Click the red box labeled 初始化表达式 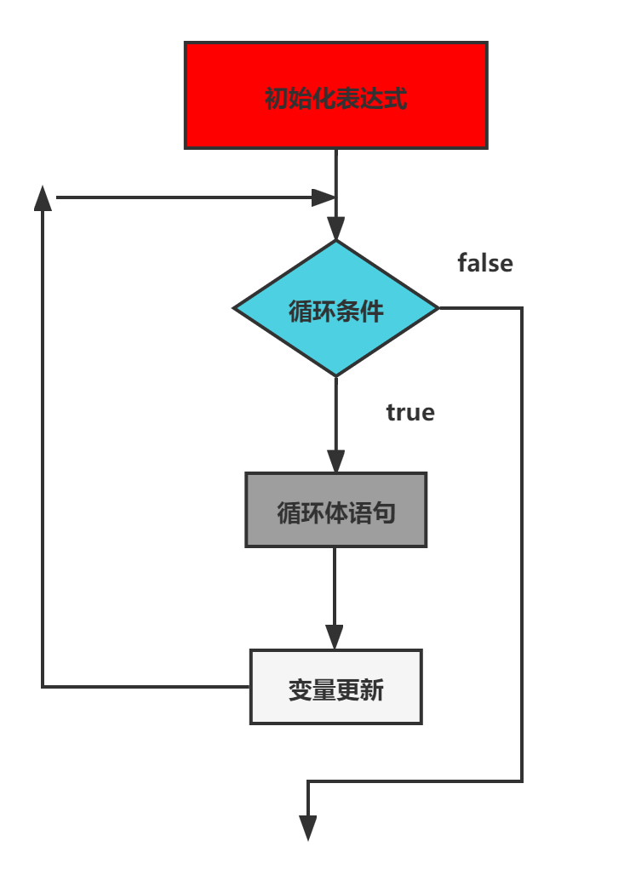point(335,95)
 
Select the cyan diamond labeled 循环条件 point(335,308)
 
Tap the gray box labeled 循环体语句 point(335,510)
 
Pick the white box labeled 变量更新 point(335,687)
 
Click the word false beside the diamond point(485,263)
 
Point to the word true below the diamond point(410,413)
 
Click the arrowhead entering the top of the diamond point(335,228)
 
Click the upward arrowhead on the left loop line point(43,197)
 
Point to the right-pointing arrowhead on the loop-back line point(324,197)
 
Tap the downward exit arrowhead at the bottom point(308,828)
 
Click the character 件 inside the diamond point(372,312)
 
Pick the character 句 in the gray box point(384,512)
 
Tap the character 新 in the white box point(372,689)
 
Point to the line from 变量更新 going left point(145,686)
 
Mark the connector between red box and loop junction point(335,170)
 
